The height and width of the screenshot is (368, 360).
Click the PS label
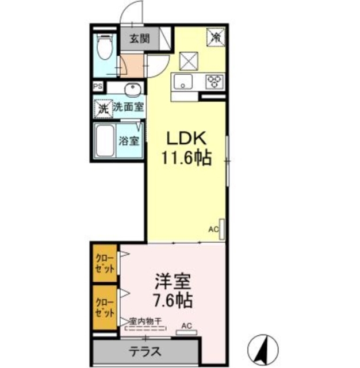point(99,88)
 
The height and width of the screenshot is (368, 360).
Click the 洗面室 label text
point(128,106)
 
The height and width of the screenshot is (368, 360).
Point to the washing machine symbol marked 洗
point(103,107)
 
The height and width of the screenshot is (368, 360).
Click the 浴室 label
point(129,140)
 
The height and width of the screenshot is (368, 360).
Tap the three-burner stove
point(215,81)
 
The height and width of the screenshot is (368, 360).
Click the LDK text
point(186,139)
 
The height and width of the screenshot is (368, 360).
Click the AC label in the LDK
point(213,229)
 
